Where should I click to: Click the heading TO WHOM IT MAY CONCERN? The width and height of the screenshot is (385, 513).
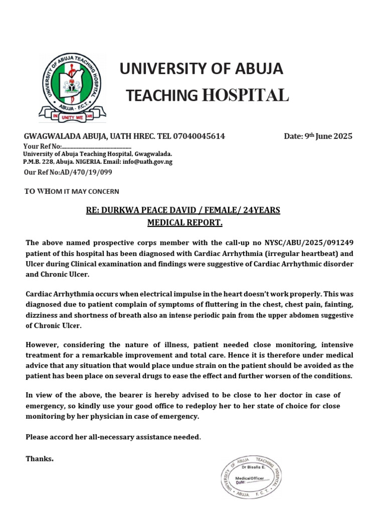pyautogui.click(x=72, y=191)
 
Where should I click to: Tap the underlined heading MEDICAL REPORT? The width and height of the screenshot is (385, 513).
pyautogui.click(x=184, y=222)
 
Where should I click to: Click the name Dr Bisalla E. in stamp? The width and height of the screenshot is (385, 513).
pyautogui.click(x=256, y=467)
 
